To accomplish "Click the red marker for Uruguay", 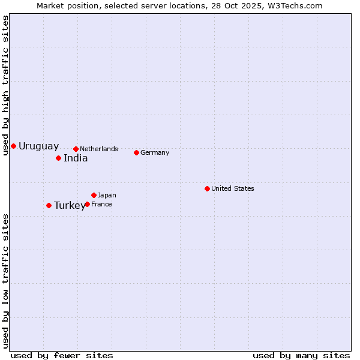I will tap(13, 146).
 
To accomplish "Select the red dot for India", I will tap(58, 158).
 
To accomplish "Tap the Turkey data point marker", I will tap(49, 205).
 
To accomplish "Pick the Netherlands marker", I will tap(76, 149).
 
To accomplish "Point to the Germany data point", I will tap(136, 152).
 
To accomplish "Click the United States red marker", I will tap(207, 188).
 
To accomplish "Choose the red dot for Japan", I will tap(94, 195).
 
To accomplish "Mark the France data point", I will tap(87, 204).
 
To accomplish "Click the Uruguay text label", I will tap(38, 146).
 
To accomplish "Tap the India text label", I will tap(76, 158).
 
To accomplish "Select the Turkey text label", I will tap(70, 206).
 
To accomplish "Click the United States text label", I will tap(233, 188).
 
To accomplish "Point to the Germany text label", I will tap(155, 152).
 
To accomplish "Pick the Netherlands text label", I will tap(99, 149).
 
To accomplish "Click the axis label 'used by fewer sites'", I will tap(62, 355).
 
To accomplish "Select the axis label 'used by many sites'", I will tap(301, 355).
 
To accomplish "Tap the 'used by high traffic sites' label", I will tap(5, 85).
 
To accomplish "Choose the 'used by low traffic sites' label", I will tap(5, 281).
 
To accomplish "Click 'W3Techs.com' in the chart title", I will tap(298, 6).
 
